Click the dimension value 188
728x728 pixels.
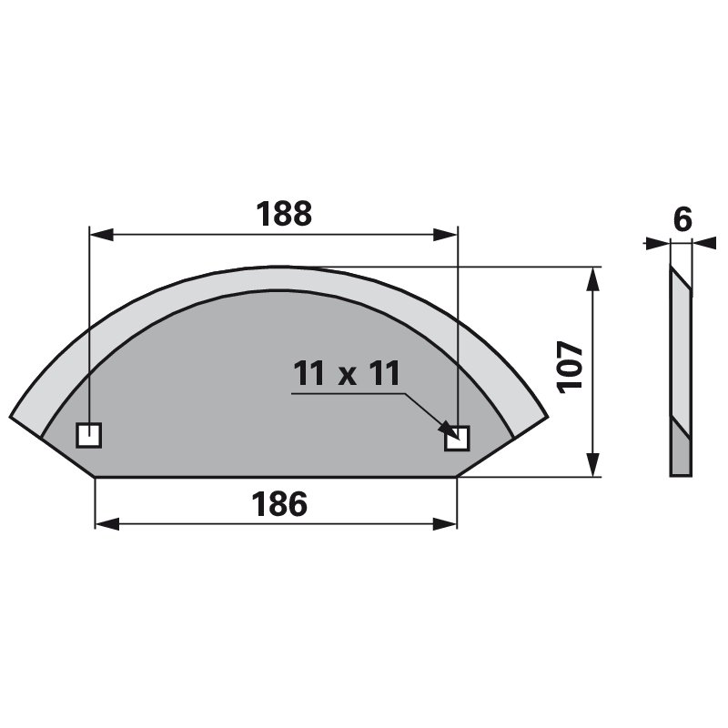284,214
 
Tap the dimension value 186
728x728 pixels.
279,504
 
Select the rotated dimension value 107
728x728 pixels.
570,368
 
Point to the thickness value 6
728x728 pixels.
682,219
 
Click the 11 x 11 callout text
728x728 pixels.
347,373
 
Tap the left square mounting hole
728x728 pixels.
88,435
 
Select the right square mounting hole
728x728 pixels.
457,439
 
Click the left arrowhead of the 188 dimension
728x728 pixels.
101,235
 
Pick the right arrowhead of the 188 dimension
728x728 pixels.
445,235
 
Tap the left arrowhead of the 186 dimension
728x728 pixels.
107,524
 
